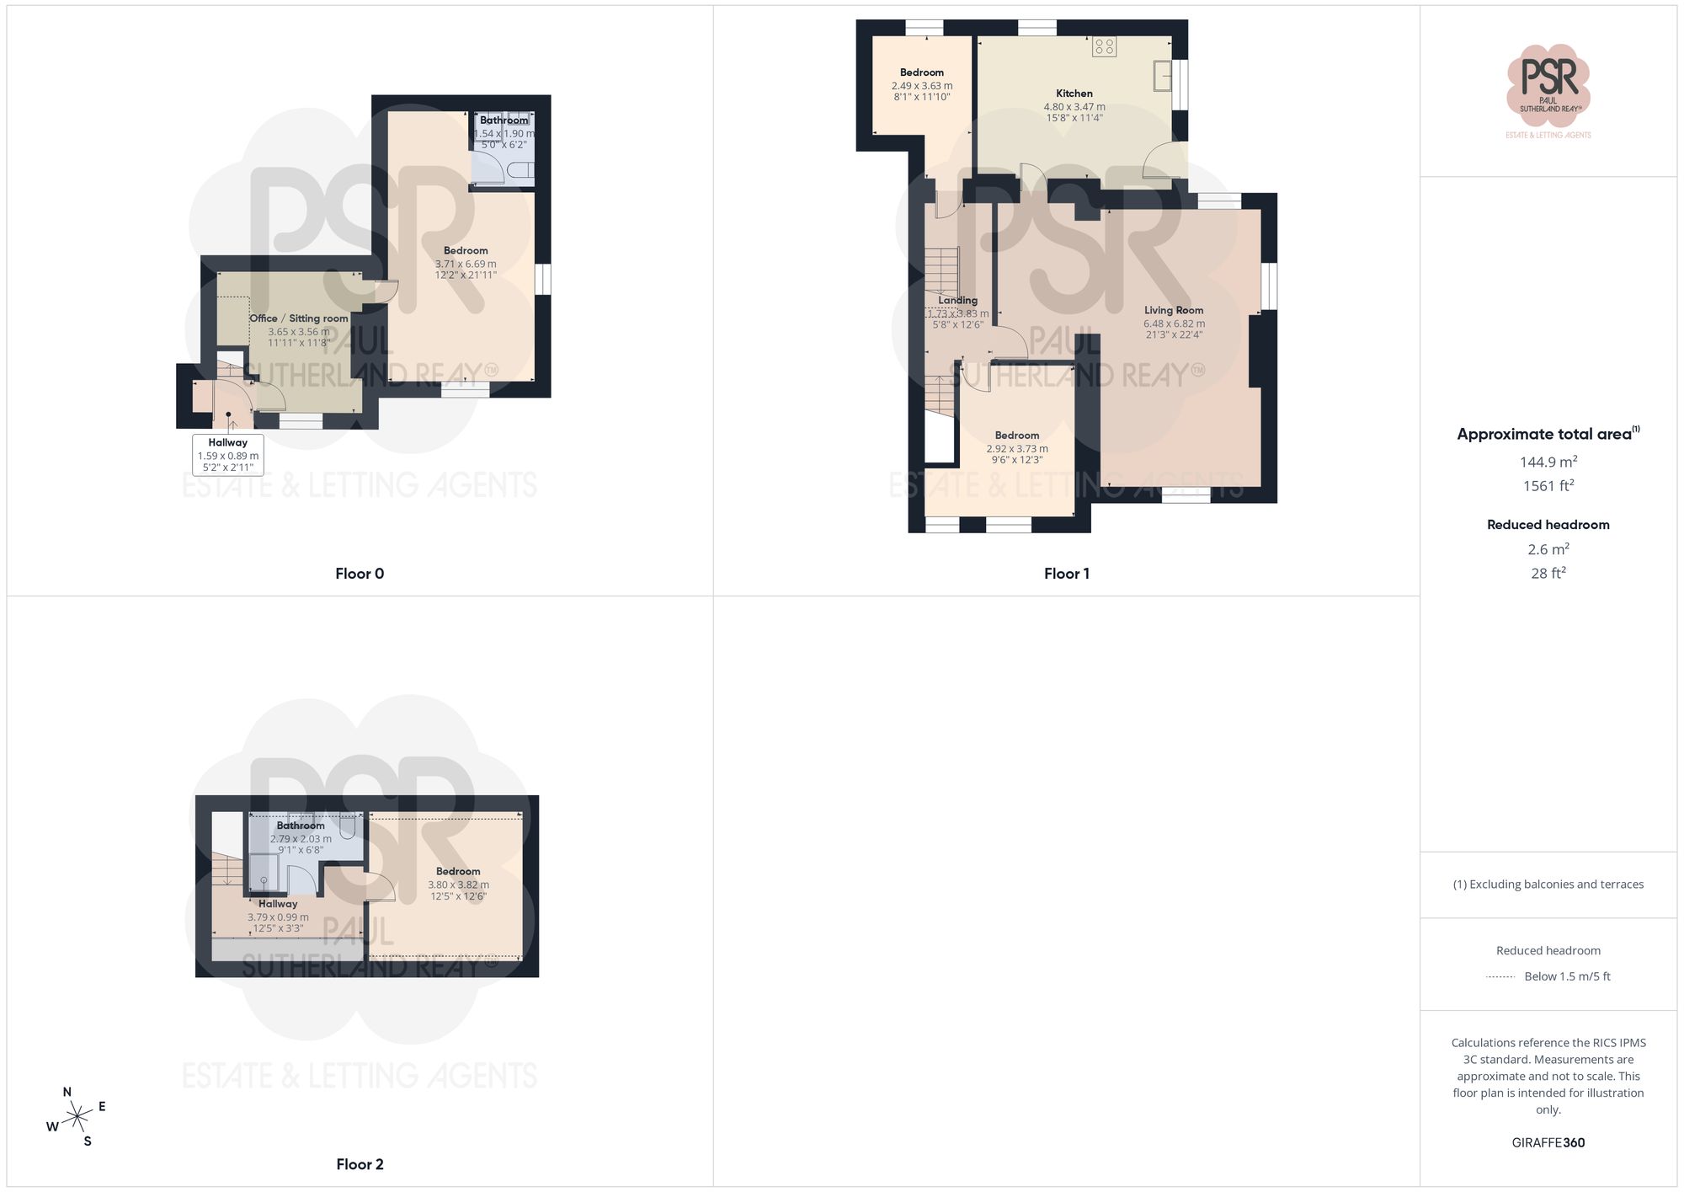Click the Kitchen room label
click(1074, 94)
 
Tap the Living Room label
click(1174, 310)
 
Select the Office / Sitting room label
click(299, 318)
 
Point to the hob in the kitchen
click(1104, 46)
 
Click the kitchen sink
click(1163, 76)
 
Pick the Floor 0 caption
click(360, 574)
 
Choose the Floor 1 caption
click(1067, 574)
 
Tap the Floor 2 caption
click(360, 1164)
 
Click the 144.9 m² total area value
click(1548, 462)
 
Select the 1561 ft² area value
click(1548, 486)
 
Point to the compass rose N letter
click(67, 1092)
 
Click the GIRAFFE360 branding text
click(1548, 1143)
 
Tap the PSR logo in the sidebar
click(1548, 84)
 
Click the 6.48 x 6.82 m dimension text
click(1174, 323)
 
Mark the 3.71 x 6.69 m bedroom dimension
click(466, 264)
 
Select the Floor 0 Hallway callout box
click(228, 455)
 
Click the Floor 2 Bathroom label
click(301, 826)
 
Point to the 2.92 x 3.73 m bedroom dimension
click(1017, 449)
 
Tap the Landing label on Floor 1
click(958, 300)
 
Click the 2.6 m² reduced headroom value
click(1548, 549)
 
